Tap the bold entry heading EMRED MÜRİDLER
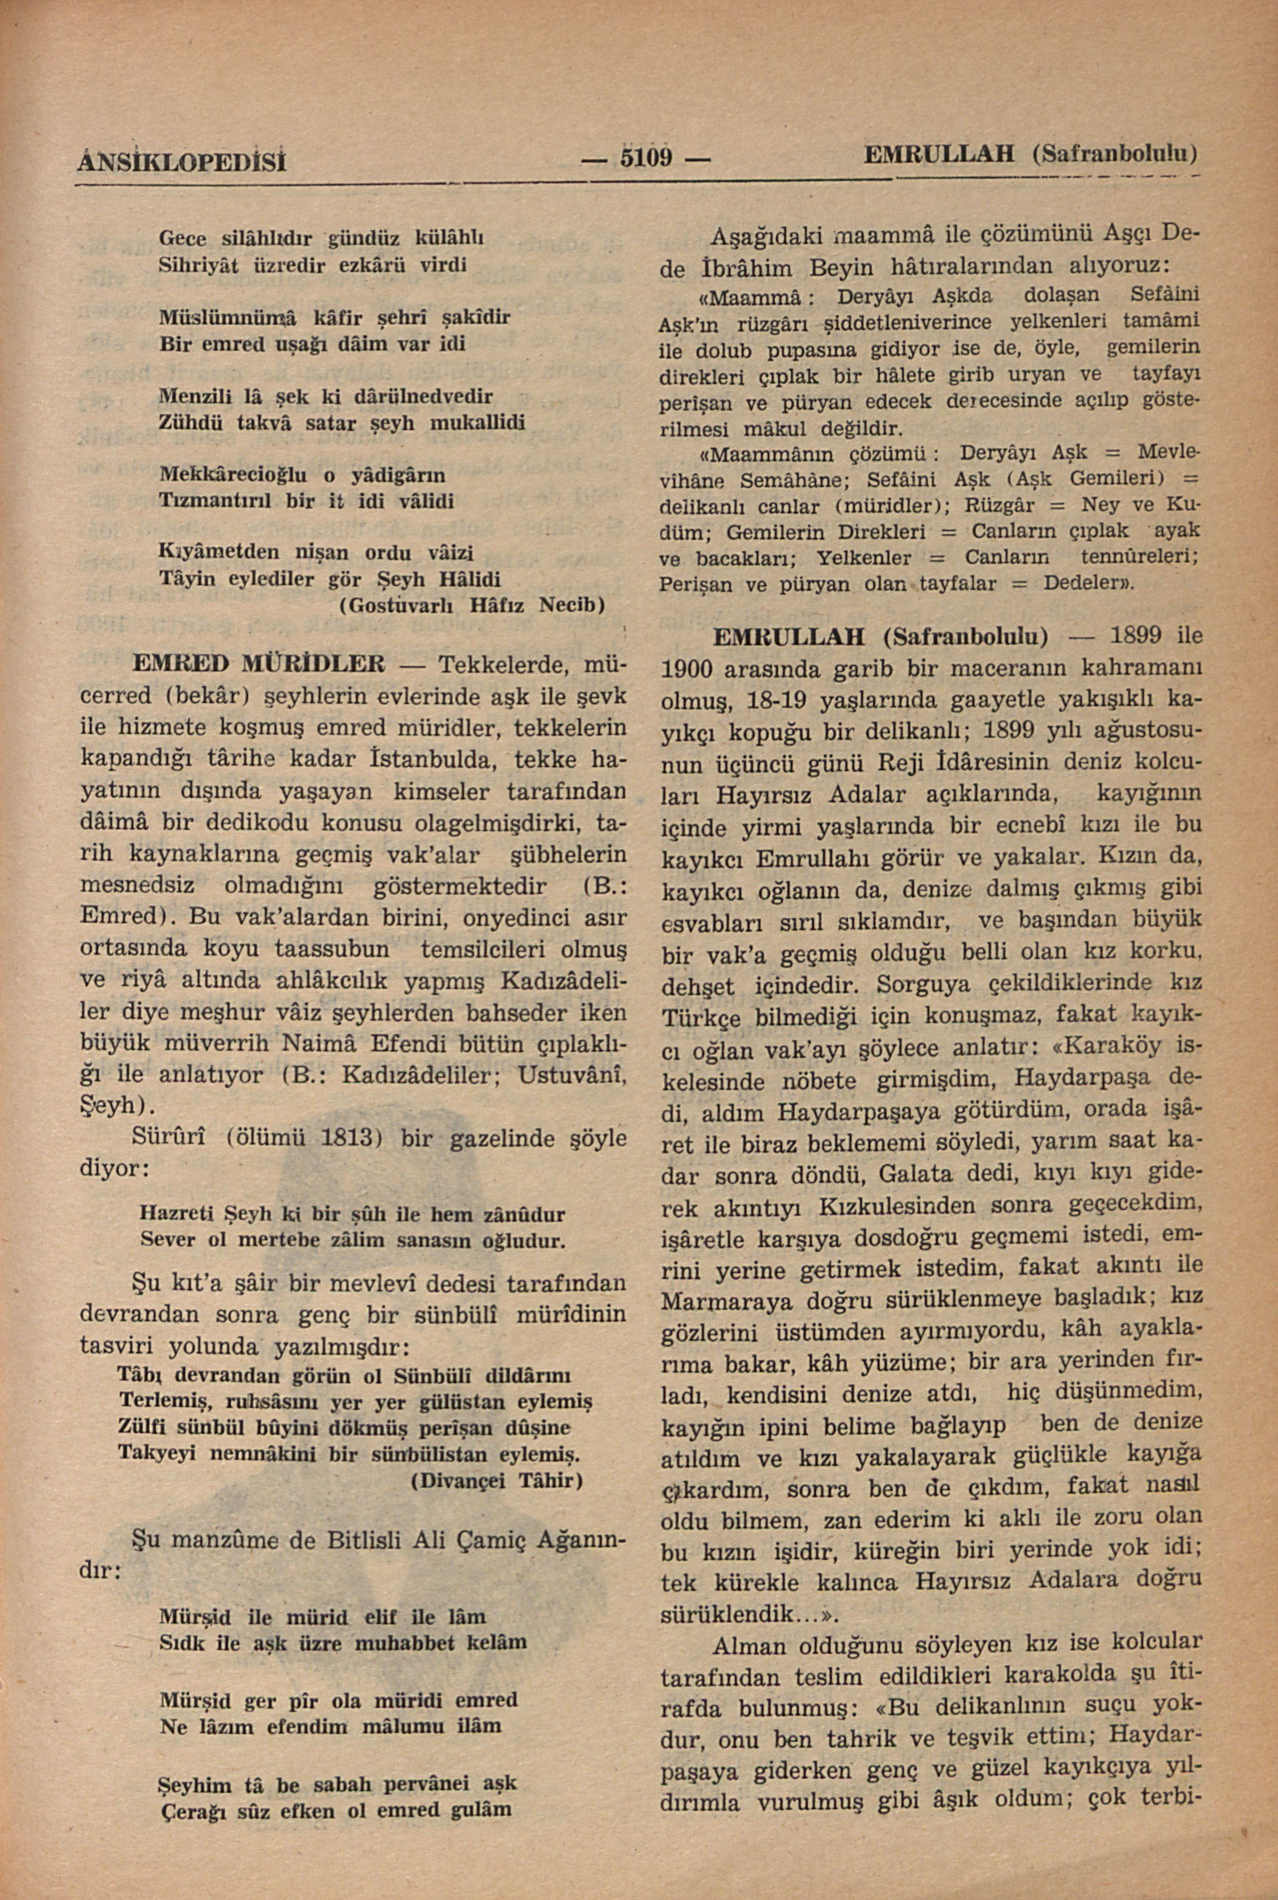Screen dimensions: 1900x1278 pos(259,664)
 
